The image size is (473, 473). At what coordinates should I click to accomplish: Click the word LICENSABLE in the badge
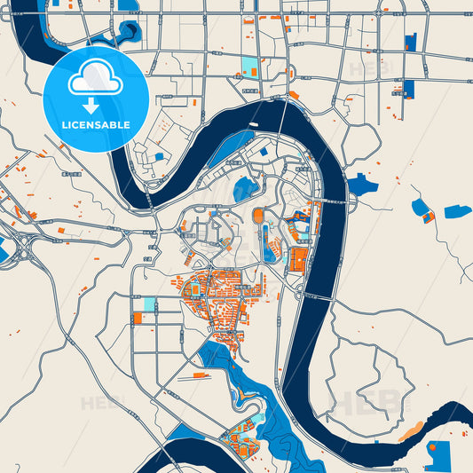coord(96,124)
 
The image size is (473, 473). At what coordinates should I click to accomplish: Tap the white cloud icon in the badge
coord(96,81)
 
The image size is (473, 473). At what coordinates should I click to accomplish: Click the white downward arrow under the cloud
coord(96,106)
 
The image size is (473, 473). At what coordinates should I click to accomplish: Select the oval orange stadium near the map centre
coord(259,216)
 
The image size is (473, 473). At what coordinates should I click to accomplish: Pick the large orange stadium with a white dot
coord(298,260)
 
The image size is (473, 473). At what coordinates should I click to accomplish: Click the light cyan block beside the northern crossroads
coord(248,67)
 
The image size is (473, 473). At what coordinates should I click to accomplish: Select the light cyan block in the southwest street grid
coord(148,304)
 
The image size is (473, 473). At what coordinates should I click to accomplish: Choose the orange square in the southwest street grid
coord(138,317)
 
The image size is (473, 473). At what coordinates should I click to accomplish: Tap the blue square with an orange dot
coord(437,454)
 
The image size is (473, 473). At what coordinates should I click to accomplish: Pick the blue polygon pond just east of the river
coord(361,185)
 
